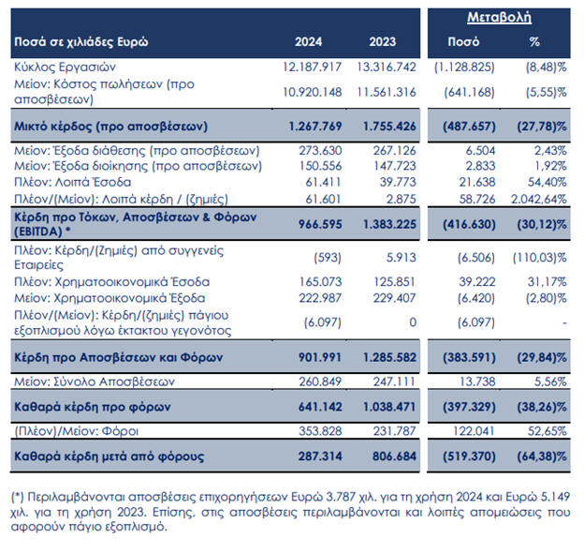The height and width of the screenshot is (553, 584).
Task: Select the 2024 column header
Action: click(309, 43)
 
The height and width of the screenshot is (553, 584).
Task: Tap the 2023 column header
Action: click(382, 43)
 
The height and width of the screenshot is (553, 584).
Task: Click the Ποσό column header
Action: click(470, 43)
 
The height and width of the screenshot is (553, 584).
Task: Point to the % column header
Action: click(535, 43)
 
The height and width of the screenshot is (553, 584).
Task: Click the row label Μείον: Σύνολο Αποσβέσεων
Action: click(94, 381)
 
